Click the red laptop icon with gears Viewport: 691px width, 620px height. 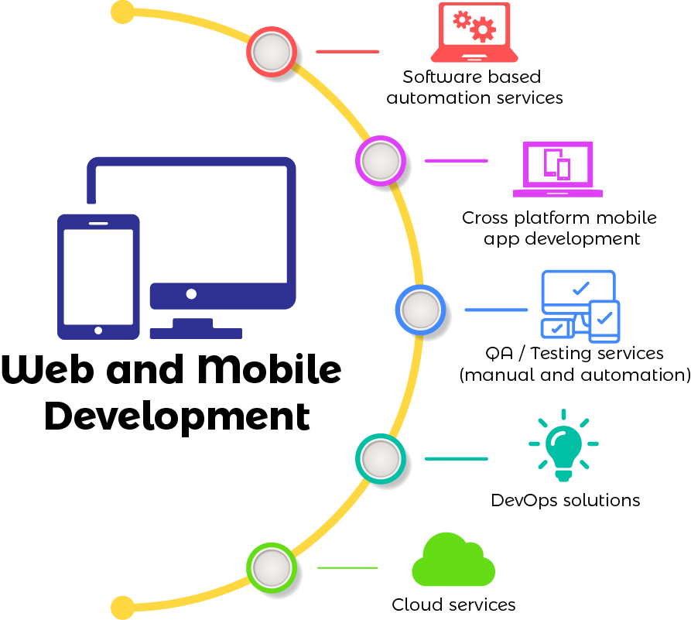coord(474,33)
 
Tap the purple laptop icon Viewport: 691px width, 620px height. coord(557,169)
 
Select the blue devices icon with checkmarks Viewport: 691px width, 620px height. coord(580,306)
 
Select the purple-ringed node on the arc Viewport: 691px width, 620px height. coord(380,160)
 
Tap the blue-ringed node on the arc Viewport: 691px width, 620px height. coord(420,310)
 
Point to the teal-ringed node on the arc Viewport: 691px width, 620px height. coord(380,458)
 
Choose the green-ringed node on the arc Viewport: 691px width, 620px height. coord(271,567)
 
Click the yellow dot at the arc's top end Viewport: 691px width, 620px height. coord(122,12)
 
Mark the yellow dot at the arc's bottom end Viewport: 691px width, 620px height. coord(122,607)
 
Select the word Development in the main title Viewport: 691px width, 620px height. coord(177,416)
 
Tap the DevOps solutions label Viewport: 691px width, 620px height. coord(566,500)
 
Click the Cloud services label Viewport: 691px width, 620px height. coord(453,605)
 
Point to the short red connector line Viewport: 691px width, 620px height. coord(347,51)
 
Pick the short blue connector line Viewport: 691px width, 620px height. coord(496,310)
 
